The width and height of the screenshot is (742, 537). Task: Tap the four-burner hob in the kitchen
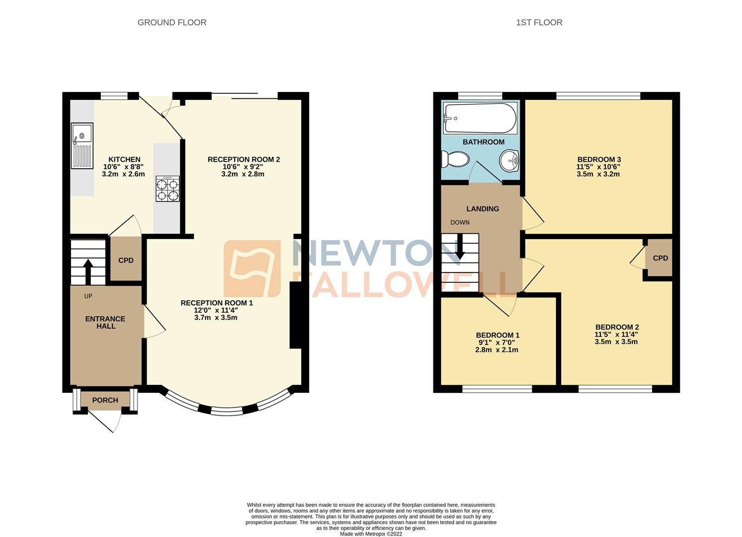point(167,189)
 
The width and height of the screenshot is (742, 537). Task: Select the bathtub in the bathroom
point(480,118)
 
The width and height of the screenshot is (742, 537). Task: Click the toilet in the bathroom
point(455,160)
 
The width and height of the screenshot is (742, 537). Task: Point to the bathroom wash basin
point(509,161)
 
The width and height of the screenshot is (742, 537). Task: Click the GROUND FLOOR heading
point(171,22)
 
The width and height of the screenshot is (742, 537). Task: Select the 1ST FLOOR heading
point(539,22)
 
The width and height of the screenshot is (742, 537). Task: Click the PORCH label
point(105,400)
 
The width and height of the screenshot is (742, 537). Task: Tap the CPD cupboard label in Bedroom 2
point(660,258)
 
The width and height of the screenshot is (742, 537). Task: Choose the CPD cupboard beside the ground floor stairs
point(126,261)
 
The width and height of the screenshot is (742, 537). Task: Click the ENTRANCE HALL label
point(105,322)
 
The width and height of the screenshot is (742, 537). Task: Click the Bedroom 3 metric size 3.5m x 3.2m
point(598,175)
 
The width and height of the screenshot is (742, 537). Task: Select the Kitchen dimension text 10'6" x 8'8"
point(124,167)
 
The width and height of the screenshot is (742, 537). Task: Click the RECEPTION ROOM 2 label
point(244,159)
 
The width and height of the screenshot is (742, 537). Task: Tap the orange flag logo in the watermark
point(252,268)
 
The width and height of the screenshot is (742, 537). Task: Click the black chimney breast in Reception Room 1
point(296,315)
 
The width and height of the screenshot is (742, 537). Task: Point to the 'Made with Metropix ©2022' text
point(371,534)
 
